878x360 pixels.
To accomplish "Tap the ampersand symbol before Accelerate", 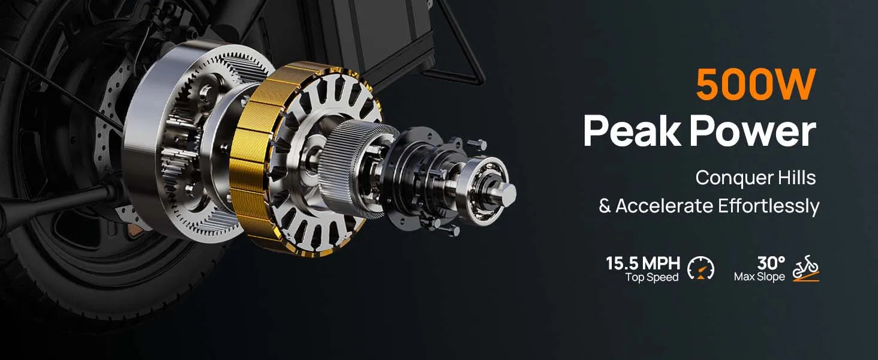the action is tap(605, 206).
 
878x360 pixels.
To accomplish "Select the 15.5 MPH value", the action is tap(643, 263).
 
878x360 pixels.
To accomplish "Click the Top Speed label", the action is tap(652, 277).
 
